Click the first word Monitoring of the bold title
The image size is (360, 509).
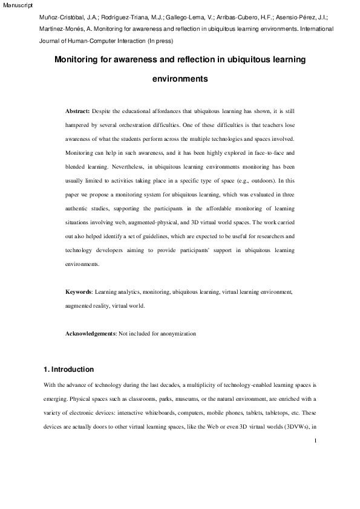coord(77,60)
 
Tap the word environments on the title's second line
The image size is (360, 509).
coord(180,79)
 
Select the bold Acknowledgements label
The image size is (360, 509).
coord(91,334)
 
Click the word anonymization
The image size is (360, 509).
coord(174,334)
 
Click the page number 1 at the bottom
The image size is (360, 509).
coord(315,441)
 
